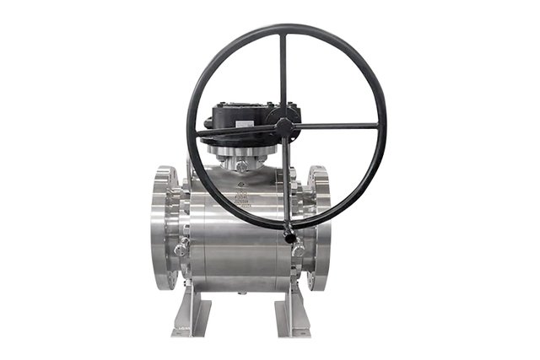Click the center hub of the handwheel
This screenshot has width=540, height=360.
pyautogui.click(x=284, y=127)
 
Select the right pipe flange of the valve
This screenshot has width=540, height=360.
pyautogui.click(x=318, y=226)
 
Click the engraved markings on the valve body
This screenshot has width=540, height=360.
pyautogui.click(x=241, y=198)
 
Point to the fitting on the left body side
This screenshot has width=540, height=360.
pyautogui.click(x=181, y=250)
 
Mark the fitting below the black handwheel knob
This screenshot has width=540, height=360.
pyautogui.click(x=298, y=250)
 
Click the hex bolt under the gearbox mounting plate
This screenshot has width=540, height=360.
pyautogui.click(x=242, y=166)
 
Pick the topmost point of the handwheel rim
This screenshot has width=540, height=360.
pyautogui.click(x=285, y=25)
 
